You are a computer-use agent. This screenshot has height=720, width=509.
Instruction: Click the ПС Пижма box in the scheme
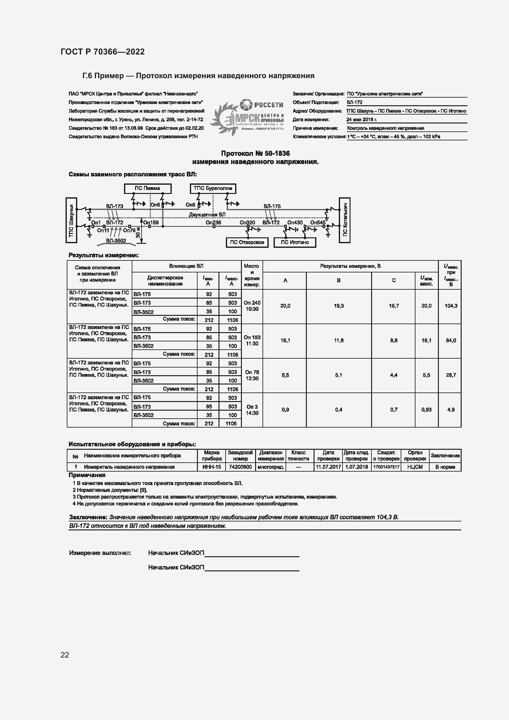[148, 188]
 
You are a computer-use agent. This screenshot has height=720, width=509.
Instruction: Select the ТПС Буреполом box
[213, 188]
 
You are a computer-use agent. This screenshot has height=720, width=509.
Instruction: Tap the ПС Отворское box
[247, 242]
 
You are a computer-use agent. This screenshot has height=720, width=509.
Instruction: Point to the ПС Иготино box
[295, 242]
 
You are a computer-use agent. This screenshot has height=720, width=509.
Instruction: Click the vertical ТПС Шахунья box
[71, 220]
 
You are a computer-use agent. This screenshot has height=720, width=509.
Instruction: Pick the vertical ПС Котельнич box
[344, 220]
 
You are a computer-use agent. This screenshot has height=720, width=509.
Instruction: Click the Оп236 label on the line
[213, 223]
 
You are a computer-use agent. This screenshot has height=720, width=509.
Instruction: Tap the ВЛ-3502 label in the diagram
[116, 240]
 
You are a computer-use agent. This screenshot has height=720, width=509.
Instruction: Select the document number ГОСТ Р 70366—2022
[103, 52]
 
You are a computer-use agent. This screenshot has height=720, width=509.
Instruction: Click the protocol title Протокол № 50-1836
[255, 153]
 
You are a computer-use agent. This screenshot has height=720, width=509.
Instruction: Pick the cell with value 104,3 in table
[451, 306]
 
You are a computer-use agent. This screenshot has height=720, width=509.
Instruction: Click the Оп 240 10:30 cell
[252, 306]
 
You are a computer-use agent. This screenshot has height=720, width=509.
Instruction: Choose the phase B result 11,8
[339, 340]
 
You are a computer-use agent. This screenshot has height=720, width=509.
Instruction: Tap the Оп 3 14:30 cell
[252, 410]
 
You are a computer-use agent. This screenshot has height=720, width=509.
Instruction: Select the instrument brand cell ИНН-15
[211, 467]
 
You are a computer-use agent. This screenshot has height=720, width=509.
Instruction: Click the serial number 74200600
[240, 467]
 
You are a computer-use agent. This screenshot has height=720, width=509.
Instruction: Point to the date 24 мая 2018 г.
[361, 119]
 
